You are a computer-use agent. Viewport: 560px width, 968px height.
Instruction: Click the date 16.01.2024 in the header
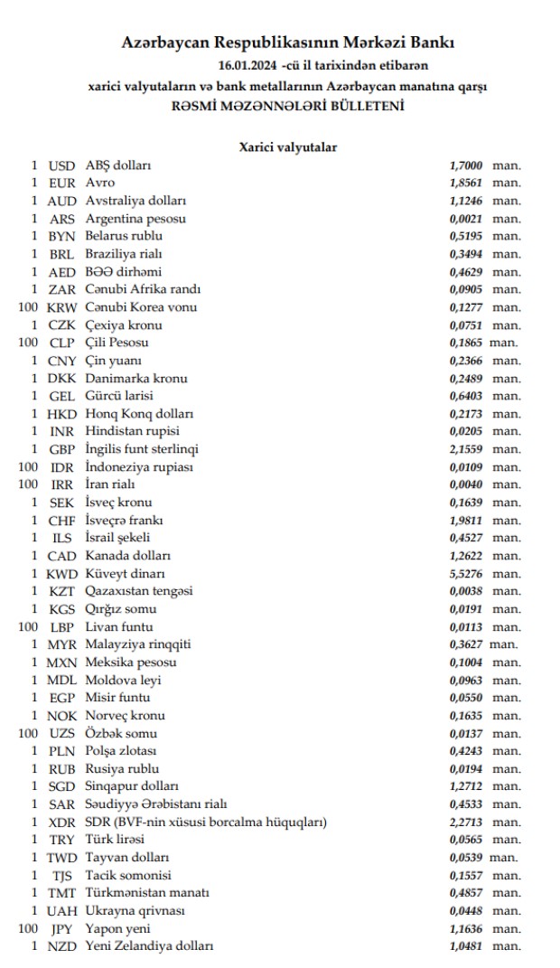click(247, 65)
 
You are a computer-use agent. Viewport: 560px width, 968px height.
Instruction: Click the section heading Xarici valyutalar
click(288, 146)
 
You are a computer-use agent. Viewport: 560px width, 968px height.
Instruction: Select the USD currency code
click(61, 165)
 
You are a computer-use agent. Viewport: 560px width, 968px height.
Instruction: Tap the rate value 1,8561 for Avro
click(466, 183)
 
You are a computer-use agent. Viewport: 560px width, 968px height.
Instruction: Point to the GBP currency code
click(61, 449)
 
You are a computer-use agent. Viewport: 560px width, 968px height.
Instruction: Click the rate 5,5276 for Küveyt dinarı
click(466, 573)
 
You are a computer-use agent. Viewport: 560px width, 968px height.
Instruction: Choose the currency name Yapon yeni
click(118, 928)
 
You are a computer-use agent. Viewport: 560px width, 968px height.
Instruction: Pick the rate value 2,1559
click(466, 449)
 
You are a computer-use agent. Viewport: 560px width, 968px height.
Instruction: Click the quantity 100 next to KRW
click(27, 307)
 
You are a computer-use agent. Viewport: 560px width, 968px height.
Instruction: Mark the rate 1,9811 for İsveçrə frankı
click(466, 521)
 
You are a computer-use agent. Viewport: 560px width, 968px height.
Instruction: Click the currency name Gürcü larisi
click(119, 396)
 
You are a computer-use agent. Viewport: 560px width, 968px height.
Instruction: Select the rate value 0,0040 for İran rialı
click(466, 484)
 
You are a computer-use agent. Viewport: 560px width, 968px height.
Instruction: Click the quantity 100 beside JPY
click(27, 928)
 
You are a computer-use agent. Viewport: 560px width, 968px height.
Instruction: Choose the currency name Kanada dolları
click(127, 556)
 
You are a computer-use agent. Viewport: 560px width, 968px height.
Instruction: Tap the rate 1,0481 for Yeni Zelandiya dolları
click(466, 946)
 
